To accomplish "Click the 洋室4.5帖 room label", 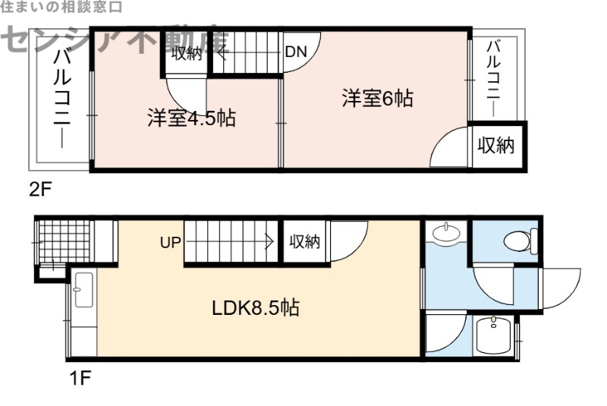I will tap(190, 118).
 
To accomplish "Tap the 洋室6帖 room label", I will tap(377, 99).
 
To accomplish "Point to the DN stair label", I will tap(296, 52).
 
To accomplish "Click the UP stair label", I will tap(170, 243).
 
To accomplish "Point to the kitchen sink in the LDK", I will tap(83, 289).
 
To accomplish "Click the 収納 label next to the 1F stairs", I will tap(305, 242).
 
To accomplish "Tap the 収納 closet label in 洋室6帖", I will tap(495, 145).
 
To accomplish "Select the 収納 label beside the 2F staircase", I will tap(186, 53).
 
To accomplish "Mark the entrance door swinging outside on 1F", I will tap(560, 287).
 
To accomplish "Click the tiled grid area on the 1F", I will tap(64, 241).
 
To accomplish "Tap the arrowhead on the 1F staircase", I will tap(269, 243).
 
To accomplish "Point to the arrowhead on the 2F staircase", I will tap(221, 53).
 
